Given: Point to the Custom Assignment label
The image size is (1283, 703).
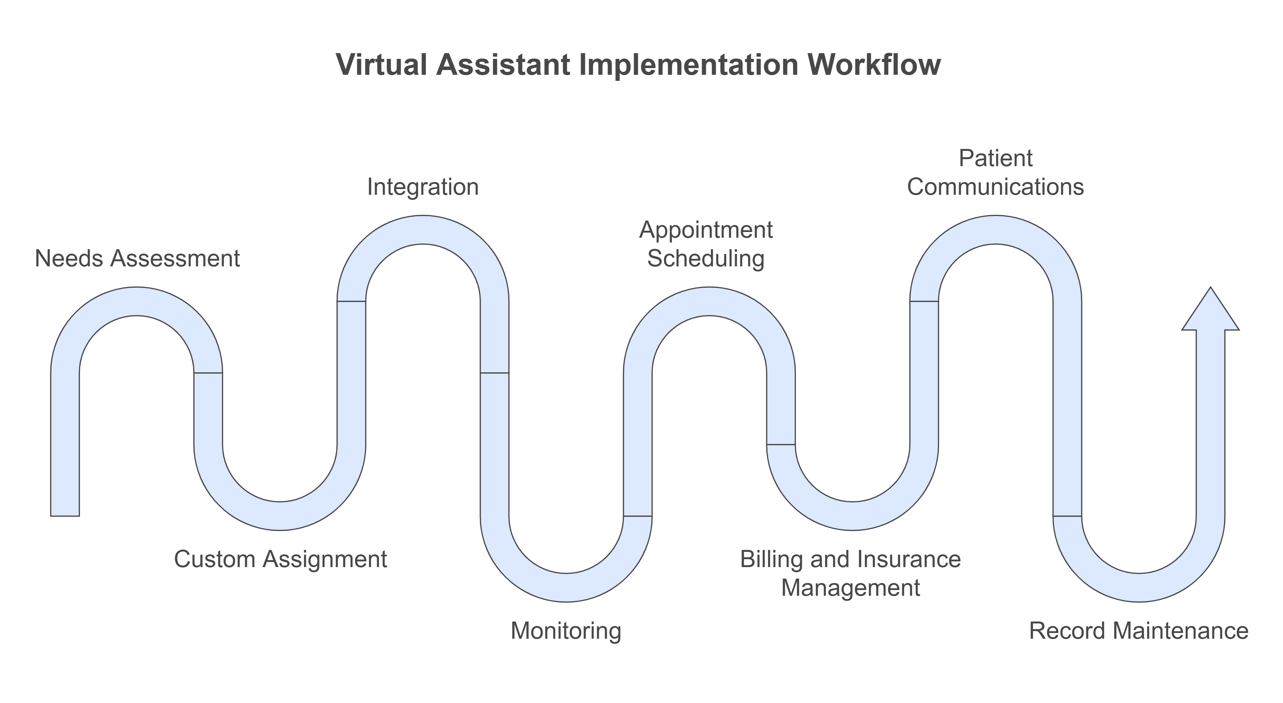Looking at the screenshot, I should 280,559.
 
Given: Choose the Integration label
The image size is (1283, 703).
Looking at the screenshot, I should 423,187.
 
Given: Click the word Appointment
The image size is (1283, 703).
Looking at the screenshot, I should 706,230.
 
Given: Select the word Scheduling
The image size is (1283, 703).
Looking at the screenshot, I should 706,259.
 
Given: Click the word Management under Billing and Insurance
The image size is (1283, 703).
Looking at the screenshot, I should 850,588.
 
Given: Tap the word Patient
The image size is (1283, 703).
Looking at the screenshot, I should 996,158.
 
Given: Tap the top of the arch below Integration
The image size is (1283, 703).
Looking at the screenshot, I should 423,230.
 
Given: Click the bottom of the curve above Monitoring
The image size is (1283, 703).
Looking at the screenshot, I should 566,587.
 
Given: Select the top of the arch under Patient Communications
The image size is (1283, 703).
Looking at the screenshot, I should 996,230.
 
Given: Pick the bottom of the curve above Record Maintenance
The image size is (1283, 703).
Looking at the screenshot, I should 1139,587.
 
